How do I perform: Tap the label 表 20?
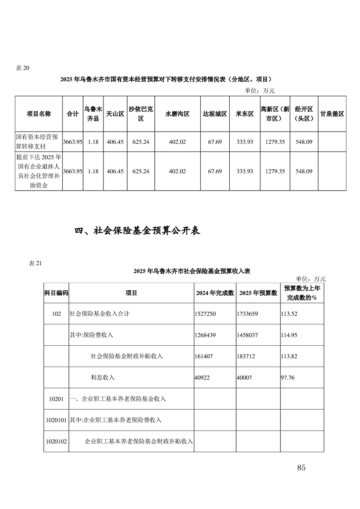(x=22, y=68)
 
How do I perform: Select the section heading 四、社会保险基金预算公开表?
(x=137, y=231)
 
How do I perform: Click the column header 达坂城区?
(x=215, y=114)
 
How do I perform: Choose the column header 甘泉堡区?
(x=332, y=114)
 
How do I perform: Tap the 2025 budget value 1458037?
(x=248, y=335)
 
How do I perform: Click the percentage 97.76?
(x=288, y=377)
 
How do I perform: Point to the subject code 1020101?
(x=56, y=420)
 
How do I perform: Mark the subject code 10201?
(x=56, y=399)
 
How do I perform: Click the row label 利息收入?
(x=103, y=377)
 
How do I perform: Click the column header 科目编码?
(x=56, y=293)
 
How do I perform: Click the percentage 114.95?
(x=289, y=335)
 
